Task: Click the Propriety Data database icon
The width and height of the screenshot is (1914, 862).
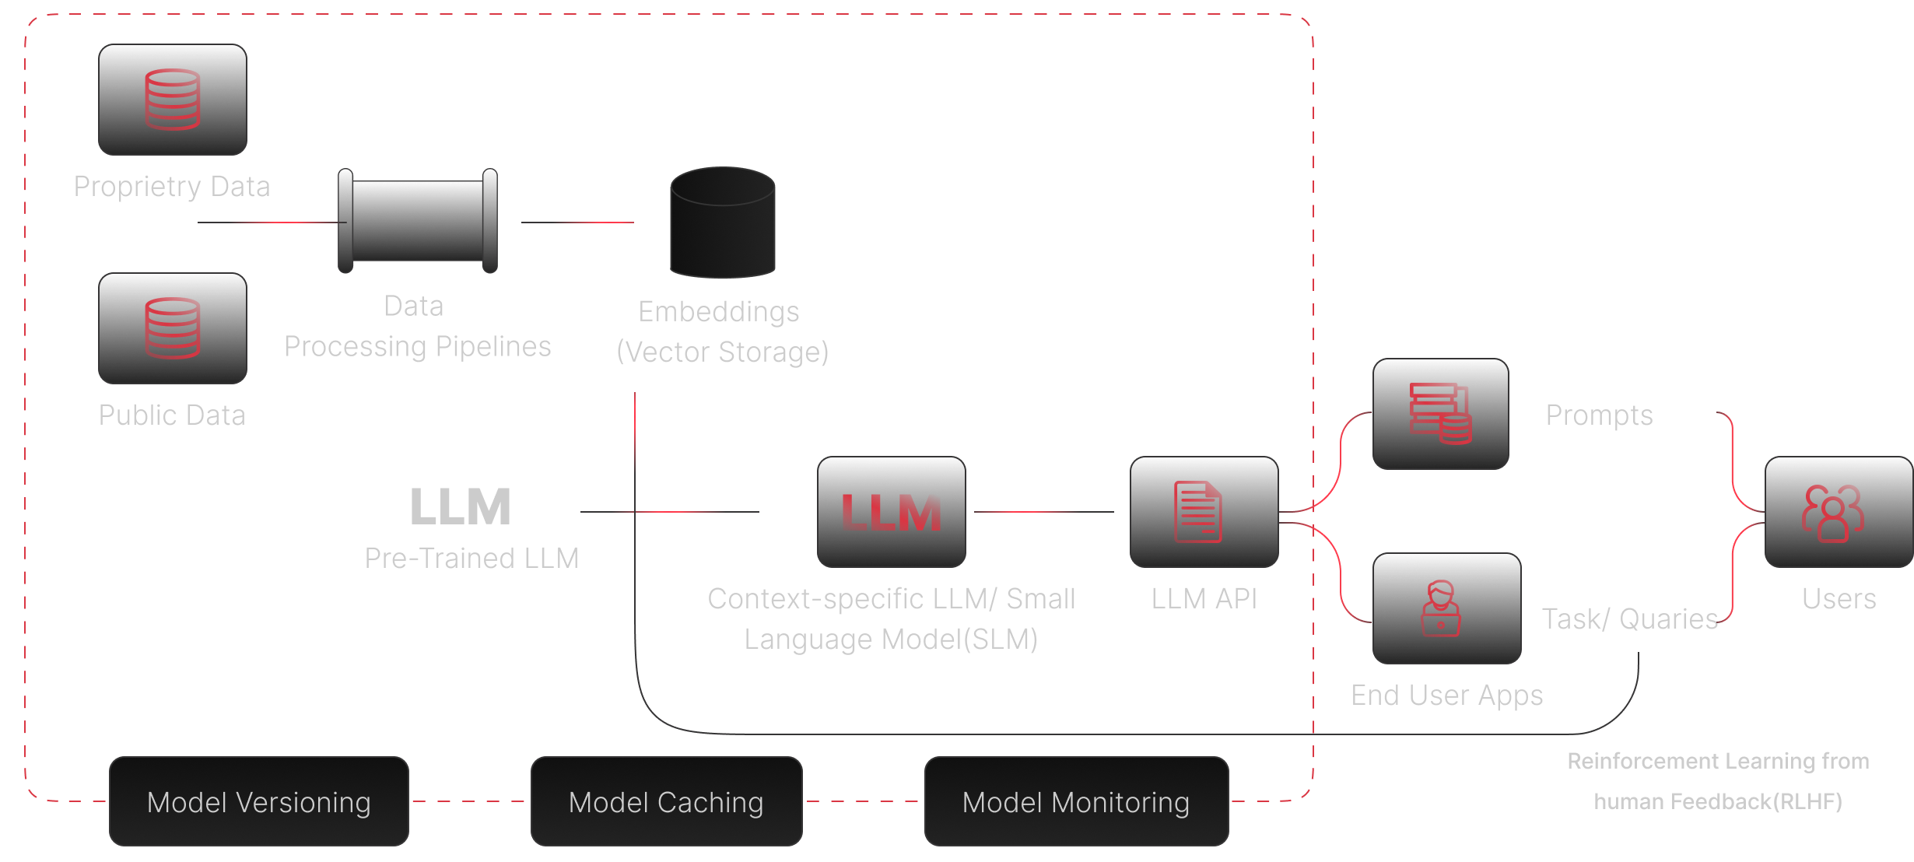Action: point(172,100)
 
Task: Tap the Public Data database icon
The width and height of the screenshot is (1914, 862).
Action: point(172,328)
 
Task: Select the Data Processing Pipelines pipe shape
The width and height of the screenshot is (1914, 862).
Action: point(418,221)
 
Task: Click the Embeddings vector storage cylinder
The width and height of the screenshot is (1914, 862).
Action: point(723,223)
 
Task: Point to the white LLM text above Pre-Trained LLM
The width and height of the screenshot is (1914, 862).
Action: point(461,507)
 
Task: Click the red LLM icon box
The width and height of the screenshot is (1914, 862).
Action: point(892,512)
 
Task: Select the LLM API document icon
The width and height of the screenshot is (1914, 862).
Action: point(1198,512)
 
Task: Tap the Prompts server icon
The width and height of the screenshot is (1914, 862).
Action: point(1440,414)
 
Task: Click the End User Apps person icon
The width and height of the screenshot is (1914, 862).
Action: point(1441,608)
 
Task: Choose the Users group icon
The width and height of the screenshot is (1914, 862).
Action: point(1832,512)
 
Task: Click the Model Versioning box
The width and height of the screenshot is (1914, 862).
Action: point(259,801)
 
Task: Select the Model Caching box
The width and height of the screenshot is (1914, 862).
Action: point(666,801)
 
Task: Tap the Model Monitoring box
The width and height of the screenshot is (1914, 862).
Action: point(1076,801)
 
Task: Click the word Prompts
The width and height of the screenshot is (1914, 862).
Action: point(1599,415)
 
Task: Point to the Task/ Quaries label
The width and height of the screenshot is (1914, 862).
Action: point(1630,619)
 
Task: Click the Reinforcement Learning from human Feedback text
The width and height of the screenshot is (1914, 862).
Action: point(1718,781)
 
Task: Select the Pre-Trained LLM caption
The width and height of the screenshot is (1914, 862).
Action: point(471,559)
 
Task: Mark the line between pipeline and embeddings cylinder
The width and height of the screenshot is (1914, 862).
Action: point(577,223)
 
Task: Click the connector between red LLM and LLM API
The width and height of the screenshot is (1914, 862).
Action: point(1043,512)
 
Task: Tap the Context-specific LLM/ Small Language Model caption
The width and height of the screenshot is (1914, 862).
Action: point(892,619)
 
